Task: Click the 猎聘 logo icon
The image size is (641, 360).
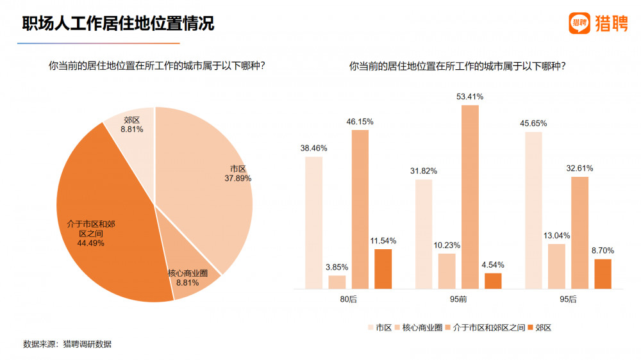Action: [x=579, y=23]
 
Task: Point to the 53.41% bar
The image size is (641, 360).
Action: [x=470, y=197]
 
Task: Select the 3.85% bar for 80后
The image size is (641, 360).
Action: [x=337, y=282]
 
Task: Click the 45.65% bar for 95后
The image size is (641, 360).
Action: [x=533, y=211]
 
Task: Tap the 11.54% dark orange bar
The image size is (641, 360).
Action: [x=383, y=269]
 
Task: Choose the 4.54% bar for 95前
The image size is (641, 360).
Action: [x=493, y=281]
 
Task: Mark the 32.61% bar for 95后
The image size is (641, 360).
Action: [x=579, y=233]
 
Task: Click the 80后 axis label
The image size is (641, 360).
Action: [x=348, y=299]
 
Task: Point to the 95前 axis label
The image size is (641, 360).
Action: [x=458, y=299]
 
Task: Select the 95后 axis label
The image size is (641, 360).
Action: [x=568, y=299]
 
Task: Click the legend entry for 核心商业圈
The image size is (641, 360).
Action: [x=419, y=327]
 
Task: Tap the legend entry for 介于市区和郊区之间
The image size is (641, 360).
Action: [x=485, y=327]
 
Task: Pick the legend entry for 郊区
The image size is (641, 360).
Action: [x=540, y=327]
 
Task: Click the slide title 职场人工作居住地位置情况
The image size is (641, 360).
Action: [x=118, y=23]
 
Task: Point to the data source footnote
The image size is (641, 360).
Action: [x=67, y=344]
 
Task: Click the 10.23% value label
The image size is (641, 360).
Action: [x=447, y=245]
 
